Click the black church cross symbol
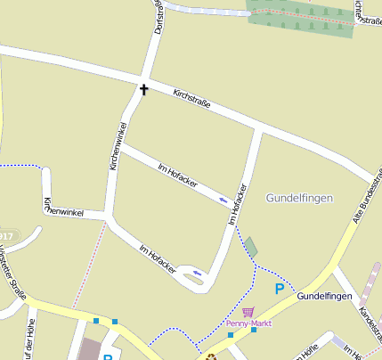(x=142, y=89)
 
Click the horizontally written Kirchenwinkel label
(x=64, y=208)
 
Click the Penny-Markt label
(x=248, y=323)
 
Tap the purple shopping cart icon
(x=248, y=311)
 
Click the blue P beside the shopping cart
(x=280, y=289)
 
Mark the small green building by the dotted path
(x=251, y=248)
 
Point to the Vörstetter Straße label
(x=14, y=275)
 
